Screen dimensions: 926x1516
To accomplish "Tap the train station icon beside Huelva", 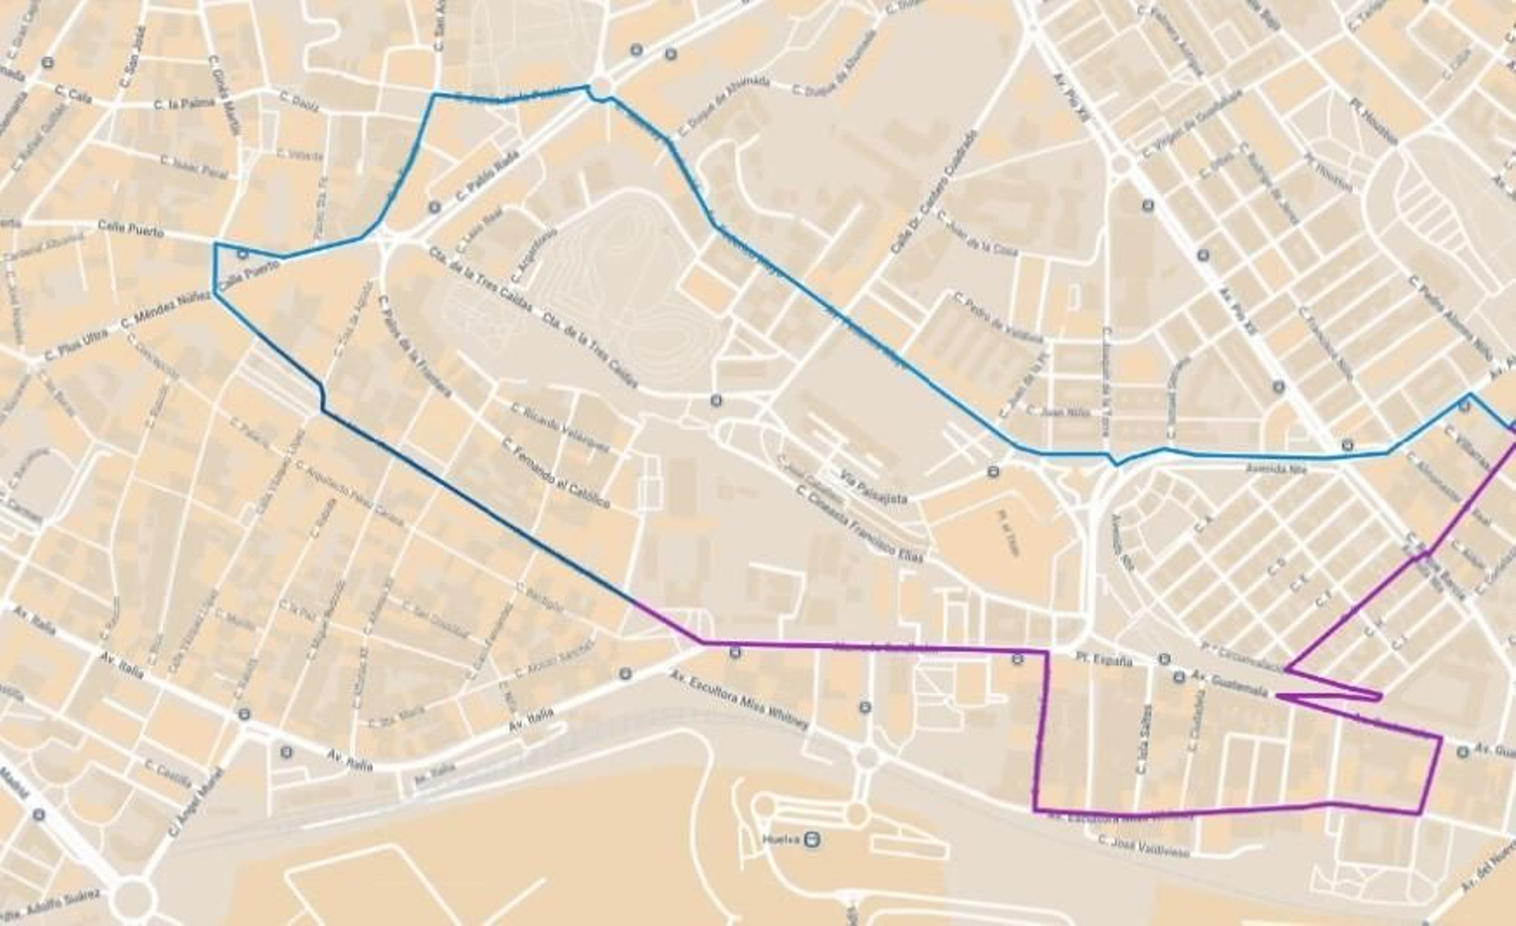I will point(813,839).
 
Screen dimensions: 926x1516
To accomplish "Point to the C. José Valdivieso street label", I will point(1143,845).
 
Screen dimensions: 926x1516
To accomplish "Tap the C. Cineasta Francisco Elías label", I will point(859,525).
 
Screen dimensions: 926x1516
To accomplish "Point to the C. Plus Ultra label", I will point(77,346).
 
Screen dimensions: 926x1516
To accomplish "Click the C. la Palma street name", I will point(186,104).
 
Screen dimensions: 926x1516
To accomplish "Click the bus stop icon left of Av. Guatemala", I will point(1179,677).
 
